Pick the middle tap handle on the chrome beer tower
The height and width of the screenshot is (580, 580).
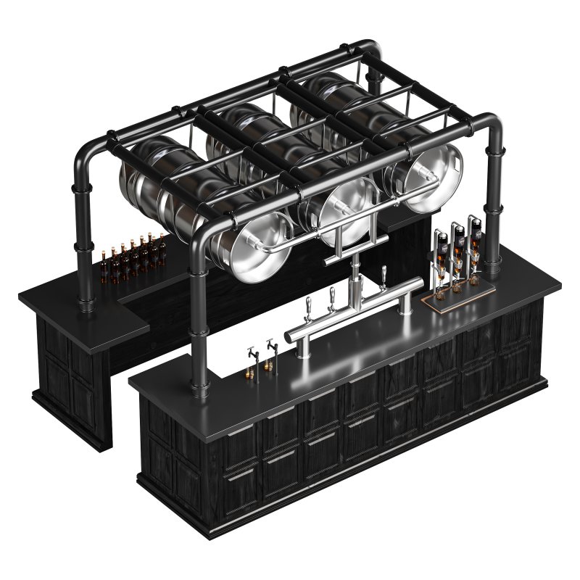pos(332,295)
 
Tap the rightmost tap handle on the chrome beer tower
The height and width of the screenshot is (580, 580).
pos(384,275)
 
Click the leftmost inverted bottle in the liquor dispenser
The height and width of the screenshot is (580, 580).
pos(441,246)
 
